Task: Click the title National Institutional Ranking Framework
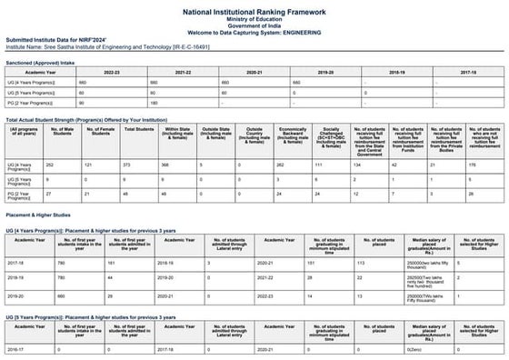click(x=254, y=7)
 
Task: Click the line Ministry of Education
click(x=254, y=16)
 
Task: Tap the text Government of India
click(x=254, y=24)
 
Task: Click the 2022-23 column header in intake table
click(x=112, y=71)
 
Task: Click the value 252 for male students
click(x=50, y=165)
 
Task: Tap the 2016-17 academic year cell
click(x=19, y=348)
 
